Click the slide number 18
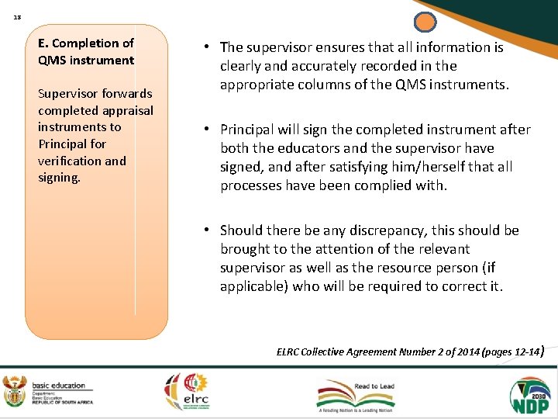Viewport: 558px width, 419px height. pyautogui.click(x=16, y=15)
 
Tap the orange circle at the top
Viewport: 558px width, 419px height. pyautogui.click(x=425, y=23)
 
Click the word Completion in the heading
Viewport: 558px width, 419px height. pyautogui.click(x=88, y=43)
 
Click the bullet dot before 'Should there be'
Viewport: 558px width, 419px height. pyautogui.click(x=209, y=230)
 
